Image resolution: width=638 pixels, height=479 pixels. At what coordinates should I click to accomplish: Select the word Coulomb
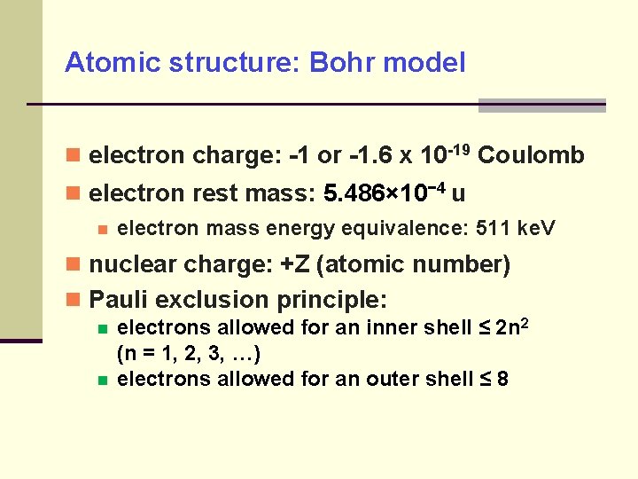tap(531, 156)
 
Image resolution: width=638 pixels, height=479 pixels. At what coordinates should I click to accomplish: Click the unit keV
tap(536, 229)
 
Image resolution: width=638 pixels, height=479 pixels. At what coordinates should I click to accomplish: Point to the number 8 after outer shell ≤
tap(503, 380)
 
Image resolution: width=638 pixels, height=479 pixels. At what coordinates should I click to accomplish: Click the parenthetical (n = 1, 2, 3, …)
tap(189, 354)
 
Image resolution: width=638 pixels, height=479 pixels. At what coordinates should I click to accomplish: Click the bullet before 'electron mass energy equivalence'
tap(103, 230)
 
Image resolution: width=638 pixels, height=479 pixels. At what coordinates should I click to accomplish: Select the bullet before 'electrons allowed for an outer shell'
tap(103, 381)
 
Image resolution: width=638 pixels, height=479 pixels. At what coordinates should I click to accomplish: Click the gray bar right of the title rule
tap(541, 106)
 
